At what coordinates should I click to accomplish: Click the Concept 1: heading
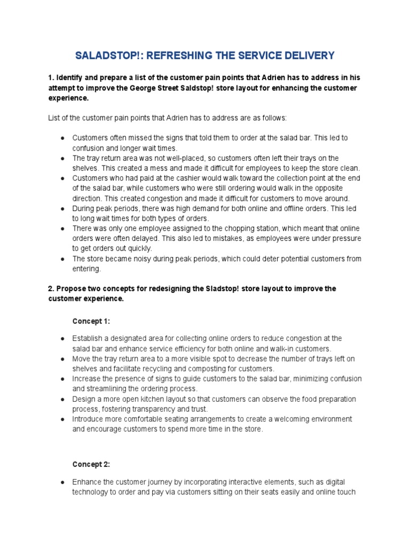(91, 321)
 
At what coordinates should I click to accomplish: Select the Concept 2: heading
(91, 464)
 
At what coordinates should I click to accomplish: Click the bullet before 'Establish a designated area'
(62, 339)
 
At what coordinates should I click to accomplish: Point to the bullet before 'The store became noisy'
(62, 259)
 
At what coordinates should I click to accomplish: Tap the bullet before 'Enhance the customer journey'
(62, 482)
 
